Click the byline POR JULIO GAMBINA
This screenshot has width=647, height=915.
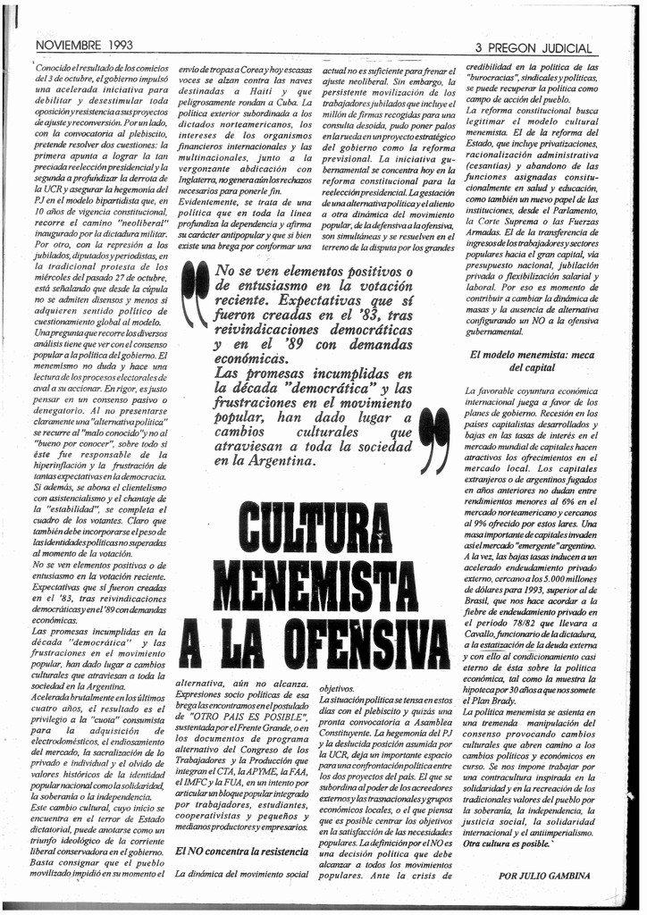[x=545, y=876]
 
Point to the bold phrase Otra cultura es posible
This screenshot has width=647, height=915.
[x=512, y=843]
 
